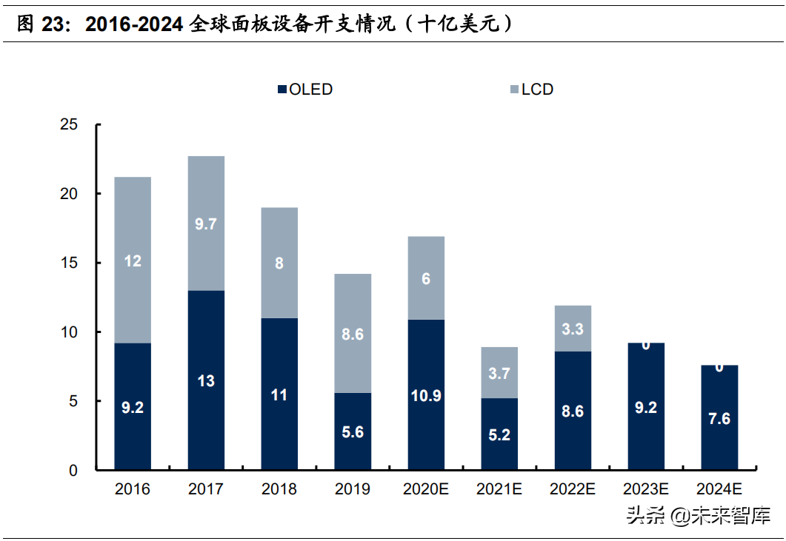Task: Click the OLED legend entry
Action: point(304,90)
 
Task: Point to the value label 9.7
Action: point(206,224)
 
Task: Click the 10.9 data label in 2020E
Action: point(426,395)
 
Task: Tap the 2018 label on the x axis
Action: point(279,489)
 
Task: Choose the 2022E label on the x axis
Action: point(573,489)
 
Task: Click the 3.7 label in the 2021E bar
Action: point(499,374)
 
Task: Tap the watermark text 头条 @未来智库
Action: point(698,515)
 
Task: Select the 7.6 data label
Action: point(719,419)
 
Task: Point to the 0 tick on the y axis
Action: point(73,470)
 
